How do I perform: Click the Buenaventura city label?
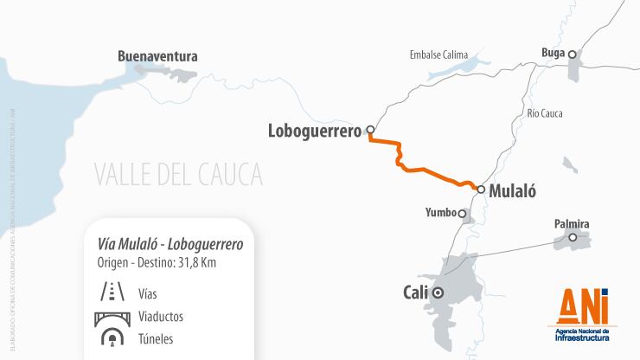pos(157,56)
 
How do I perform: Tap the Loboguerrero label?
pos(315,132)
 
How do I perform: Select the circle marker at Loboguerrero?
pos(370,131)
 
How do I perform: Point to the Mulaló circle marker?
pos(481,188)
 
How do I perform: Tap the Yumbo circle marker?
pos(463,213)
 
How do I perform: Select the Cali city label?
pos(416,292)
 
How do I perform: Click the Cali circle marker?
pos(438,292)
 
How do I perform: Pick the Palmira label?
pos(572,224)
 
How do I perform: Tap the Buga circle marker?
pos(572,54)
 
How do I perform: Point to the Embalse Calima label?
pos(443,55)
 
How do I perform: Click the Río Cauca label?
pos(545,113)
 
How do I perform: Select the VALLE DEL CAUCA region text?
pos(178,174)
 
